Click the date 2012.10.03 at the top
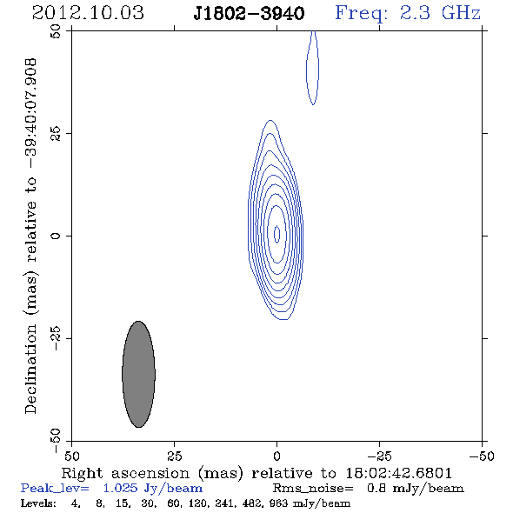(88, 13)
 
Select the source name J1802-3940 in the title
(249, 14)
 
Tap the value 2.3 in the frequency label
(415, 13)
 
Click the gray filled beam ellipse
(139, 374)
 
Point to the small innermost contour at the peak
(277, 234)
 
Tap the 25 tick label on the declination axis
(56, 133)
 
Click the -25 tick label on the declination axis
(56, 338)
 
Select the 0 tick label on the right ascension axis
(276, 456)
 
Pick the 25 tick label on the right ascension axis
(174, 456)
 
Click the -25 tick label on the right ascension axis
(379, 456)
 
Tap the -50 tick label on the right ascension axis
(482, 456)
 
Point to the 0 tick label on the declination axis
(56, 236)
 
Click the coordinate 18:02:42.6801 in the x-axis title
(399, 473)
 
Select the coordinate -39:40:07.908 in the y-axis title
(31, 113)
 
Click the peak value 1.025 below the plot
(120, 489)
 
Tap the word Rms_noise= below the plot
(313, 489)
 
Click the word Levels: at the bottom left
(38, 503)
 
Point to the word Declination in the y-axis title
(30, 369)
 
